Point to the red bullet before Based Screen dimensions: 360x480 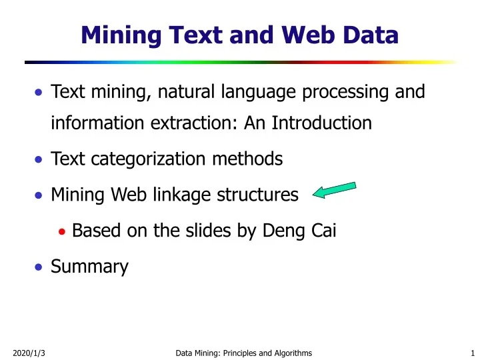click(x=62, y=231)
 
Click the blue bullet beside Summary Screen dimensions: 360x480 click(x=39, y=267)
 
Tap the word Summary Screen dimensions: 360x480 click(x=89, y=267)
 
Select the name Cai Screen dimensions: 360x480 click(x=320, y=231)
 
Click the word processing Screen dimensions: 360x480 click(x=346, y=91)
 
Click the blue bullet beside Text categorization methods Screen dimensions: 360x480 click(x=39, y=160)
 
